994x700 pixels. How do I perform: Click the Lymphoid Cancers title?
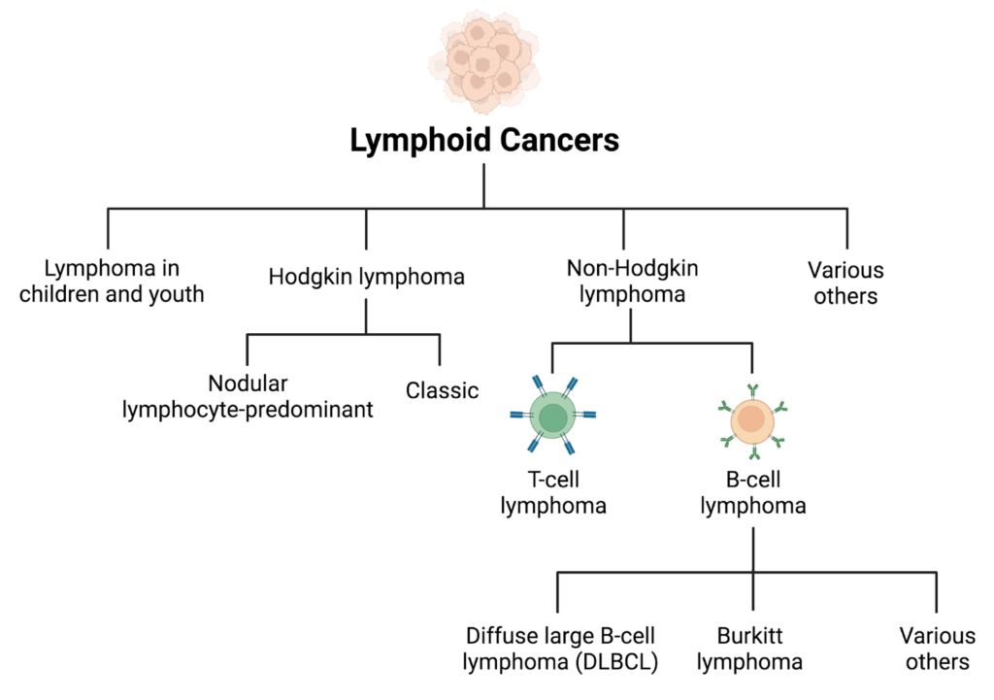(x=483, y=141)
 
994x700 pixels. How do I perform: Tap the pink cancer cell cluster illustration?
(x=483, y=60)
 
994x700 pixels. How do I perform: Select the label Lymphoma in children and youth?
(x=112, y=281)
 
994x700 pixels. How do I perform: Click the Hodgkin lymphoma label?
(x=366, y=277)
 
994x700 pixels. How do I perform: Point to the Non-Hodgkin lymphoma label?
(x=632, y=281)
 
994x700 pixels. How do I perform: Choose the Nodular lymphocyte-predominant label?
(x=248, y=396)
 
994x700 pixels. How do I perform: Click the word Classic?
(x=442, y=391)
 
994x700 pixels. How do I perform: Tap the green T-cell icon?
(x=553, y=418)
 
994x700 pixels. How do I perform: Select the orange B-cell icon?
(x=752, y=420)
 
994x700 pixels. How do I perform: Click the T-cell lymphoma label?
(x=553, y=493)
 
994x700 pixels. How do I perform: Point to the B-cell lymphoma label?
(x=753, y=493)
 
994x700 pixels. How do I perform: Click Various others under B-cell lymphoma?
(x=937, y=650)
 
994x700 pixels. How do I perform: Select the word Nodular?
(x=248, y=383)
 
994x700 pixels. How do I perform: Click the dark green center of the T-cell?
(x=553, y=418)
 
